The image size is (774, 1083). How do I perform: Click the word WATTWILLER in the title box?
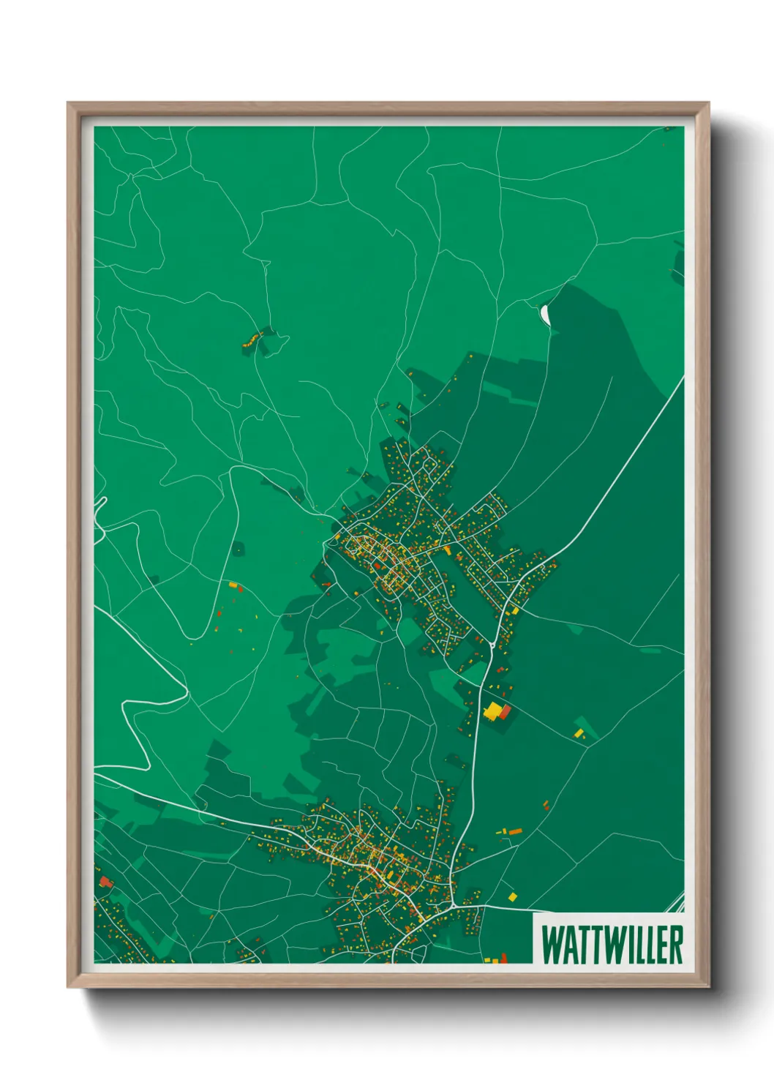[x=612, y=945]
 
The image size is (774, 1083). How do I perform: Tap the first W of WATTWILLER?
[x=552, y=945]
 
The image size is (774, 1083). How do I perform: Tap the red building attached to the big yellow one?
[x=504, y=712]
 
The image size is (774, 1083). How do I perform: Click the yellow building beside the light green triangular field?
[x=579, y=732]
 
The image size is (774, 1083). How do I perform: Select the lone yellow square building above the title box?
[x=512, y=896]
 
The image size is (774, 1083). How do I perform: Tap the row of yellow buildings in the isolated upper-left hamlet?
[x=252, y=339]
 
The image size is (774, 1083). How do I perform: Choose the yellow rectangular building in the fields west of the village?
[x=233, y=585]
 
